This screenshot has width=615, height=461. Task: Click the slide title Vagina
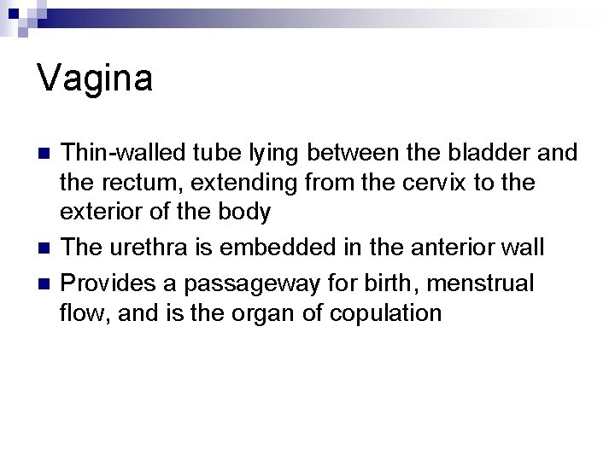(96, 79)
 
